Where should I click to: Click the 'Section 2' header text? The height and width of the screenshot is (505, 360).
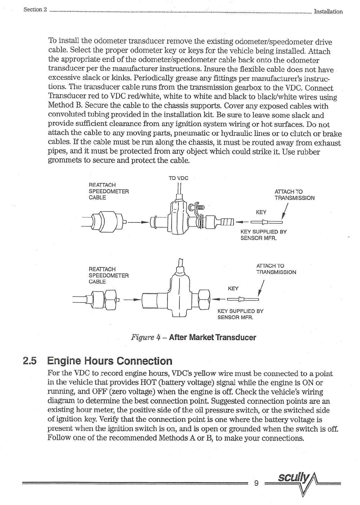(35, 9)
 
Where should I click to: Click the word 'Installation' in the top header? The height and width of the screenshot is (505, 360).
(328, 12)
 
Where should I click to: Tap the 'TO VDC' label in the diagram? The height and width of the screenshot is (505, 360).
(178, 178)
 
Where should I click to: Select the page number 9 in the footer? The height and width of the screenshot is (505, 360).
(256, 483)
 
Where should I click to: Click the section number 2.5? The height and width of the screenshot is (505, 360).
(30, 361)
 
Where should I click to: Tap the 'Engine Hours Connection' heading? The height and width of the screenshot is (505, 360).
(110, 361)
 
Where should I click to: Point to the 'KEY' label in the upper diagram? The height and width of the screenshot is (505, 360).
(261, 212)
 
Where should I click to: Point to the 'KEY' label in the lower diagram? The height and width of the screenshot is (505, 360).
(233, 288)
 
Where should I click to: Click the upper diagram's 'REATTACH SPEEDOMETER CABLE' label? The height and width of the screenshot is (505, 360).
(108, 191)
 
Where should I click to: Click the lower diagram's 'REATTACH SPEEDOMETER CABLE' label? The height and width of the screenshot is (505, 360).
(108, 275)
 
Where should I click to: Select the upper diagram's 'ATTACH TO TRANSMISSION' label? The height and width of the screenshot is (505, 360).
(294, 195)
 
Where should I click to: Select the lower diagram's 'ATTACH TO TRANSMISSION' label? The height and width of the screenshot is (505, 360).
(276, 269)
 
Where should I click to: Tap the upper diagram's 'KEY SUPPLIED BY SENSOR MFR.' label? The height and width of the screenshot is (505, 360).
(263, 235)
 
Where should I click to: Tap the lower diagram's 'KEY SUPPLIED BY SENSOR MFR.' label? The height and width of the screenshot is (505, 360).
(240, 314)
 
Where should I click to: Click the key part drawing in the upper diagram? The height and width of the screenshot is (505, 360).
(266, 222)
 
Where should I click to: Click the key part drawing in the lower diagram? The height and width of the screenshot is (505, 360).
(243, 299)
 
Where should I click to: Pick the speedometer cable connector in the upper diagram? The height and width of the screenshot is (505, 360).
(103, 222)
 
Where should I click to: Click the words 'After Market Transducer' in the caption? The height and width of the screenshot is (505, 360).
(212, 337)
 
